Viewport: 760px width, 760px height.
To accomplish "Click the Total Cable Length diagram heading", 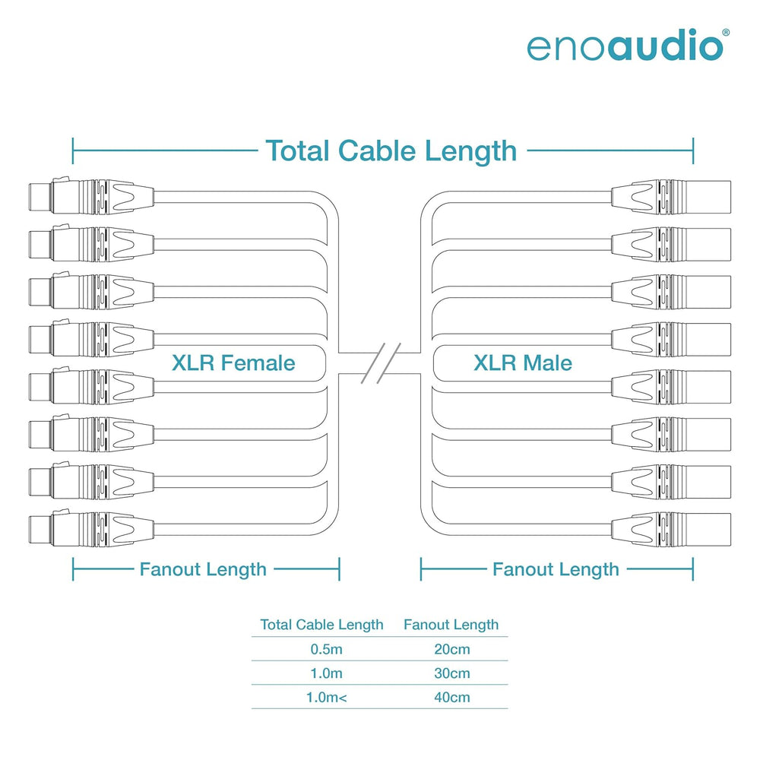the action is (391, 150).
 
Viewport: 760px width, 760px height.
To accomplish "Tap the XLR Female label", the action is (233, 363).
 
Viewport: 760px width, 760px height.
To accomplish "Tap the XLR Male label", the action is (523, 363).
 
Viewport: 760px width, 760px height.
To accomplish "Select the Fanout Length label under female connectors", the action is (203, 569).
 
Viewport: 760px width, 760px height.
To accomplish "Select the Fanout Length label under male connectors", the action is (556, 569).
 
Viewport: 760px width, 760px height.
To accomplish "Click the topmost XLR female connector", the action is (92, 196).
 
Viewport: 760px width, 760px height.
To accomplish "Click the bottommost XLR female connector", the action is (92, 529).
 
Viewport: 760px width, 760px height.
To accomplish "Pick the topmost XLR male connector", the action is (671, 198).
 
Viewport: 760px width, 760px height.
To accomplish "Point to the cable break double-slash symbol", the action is (381, 363).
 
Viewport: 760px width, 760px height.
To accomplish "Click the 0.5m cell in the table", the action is (327, 649).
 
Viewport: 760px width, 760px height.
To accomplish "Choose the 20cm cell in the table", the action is (452, 649).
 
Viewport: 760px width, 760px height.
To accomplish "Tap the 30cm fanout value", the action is (452, 673).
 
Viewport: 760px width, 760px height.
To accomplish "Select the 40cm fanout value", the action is (452, 698).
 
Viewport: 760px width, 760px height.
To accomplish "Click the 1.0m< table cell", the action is (327, 698).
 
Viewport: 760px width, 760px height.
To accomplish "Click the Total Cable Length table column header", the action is (321, 625).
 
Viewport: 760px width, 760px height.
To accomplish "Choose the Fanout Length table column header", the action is (451, 625).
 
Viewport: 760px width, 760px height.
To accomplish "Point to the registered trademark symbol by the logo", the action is (726, 33).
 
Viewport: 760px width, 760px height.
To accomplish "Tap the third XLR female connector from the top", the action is (92, 291).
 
